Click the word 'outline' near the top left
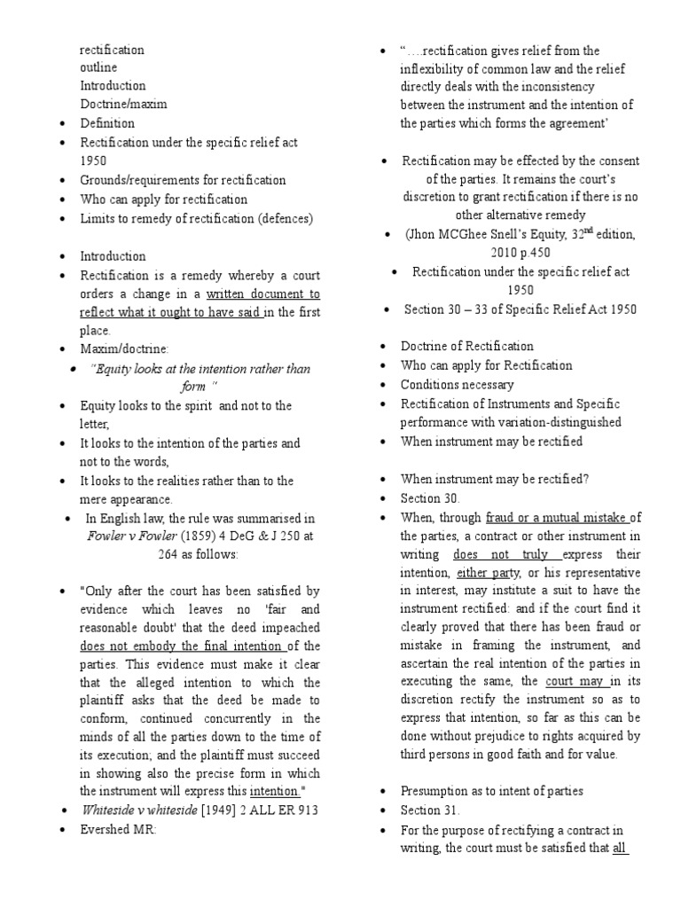(98, 67)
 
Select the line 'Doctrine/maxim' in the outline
(123, 104)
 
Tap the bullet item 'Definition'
(107, 123)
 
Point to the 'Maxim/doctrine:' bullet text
(121, 349)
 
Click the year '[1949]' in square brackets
(222, 810)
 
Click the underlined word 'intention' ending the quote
(276, 790)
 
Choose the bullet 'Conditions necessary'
(457, 384)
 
